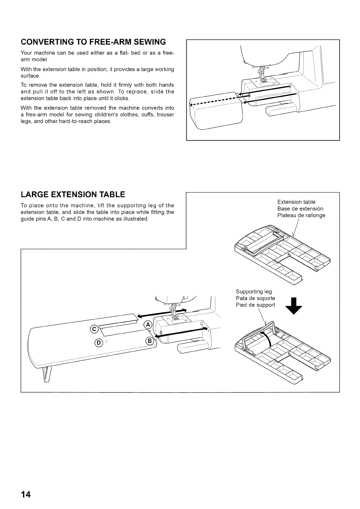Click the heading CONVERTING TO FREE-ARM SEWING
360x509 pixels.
pos(93,42)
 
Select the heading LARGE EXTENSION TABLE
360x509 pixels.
pos(73,194)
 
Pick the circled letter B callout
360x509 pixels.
pos(150,341)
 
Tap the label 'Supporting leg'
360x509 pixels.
pos(254,292)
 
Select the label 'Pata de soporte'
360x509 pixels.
pos(255,298)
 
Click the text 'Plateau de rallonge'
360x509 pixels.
pos(301,215)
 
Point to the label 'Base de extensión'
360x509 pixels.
pos(300,209)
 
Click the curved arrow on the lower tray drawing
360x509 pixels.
pos(266,339)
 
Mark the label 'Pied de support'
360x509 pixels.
pos(255,305)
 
